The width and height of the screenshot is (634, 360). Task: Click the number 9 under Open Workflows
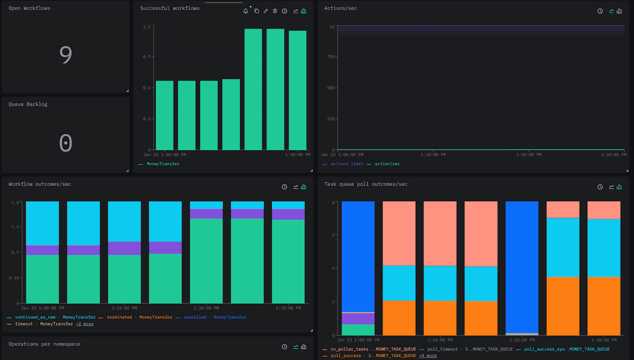click(66, 55)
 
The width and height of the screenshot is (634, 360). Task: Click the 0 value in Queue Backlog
click(66, 143)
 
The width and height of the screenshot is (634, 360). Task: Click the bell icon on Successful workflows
click(246, 11)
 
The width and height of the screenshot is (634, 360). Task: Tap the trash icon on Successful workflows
click(275, 11)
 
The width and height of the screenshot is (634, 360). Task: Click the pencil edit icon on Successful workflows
click(265, 11)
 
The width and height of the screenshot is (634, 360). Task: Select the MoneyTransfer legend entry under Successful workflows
click(163, 164)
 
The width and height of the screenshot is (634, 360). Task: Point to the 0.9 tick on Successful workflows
click(147, 57)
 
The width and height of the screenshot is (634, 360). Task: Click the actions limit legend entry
click(347, 164)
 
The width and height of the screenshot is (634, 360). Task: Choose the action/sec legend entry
click(387, 164)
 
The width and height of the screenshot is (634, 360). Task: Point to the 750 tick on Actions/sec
click(331, 57)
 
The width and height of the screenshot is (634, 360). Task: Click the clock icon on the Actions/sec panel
click(600, 11)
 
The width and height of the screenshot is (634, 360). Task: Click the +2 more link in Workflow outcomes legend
click(85, 324)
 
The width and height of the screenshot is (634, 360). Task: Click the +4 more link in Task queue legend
click(428, 356)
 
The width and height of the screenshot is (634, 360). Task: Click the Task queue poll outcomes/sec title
click(365, 184)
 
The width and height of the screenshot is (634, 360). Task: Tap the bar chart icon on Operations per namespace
click(304, 347)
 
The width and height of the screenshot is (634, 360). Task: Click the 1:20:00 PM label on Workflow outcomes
click(206, 308)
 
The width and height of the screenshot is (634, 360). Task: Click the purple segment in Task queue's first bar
click(358, 319)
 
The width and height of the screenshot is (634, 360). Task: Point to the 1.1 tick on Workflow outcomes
click(15, 227)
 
